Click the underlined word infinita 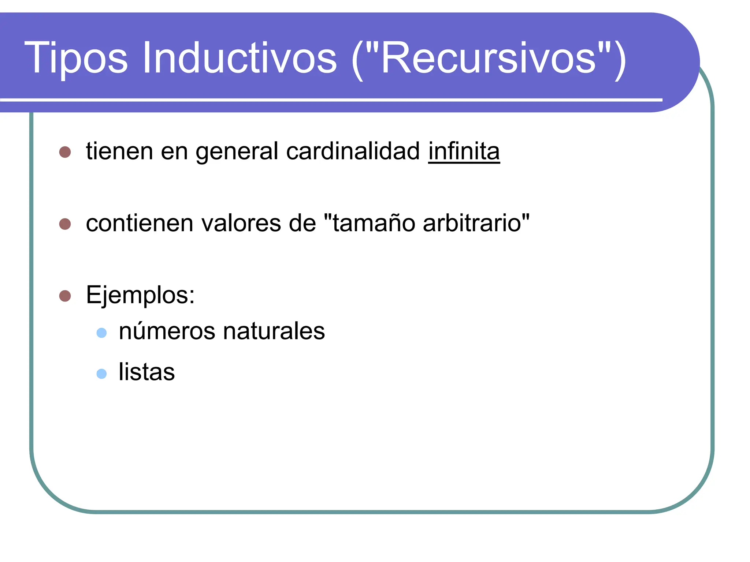tap(464, 151)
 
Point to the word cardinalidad tap(353, 151)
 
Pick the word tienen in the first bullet tap(119, 151)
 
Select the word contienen tap(139, 223)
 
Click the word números tap(167, 331)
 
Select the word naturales tap(274, 331)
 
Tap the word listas tap(146, 372)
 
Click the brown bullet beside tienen tap(65, 152)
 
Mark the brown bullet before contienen tap(65, 224)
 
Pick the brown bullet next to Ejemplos tap(65, 296)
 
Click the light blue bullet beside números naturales tap(101, 333)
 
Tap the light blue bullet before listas tap(101, 374)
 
